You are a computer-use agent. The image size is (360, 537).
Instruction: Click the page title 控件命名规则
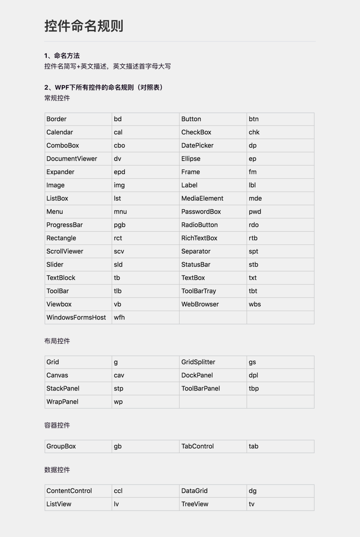click(x=84, y=26)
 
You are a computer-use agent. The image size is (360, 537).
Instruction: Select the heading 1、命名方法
click(x=62, y=56)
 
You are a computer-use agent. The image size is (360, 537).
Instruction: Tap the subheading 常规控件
click(x=57, y=98)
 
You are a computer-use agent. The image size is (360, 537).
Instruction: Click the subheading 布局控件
click(x=57, y=341)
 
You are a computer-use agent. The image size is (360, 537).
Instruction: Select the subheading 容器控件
click(x=57, y=425)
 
